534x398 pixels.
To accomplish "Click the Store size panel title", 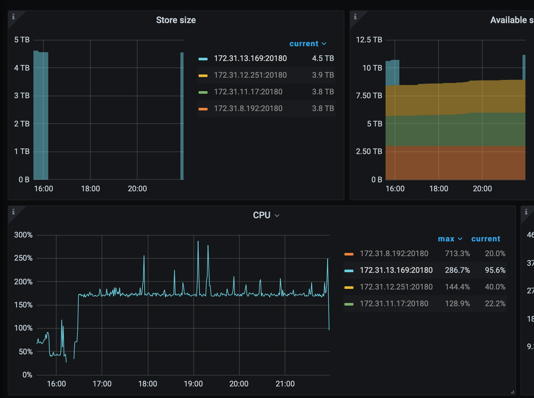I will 176,20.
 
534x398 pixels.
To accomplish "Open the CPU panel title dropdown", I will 277,215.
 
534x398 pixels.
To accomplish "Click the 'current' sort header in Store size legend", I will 307,44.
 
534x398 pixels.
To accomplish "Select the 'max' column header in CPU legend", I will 450,239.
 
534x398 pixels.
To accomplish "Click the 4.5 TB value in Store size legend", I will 323,58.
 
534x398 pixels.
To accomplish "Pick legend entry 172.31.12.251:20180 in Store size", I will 250,75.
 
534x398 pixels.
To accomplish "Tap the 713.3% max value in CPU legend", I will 457,254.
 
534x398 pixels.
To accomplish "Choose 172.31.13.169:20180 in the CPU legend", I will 396,270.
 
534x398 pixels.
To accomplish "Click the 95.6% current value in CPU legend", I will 495,270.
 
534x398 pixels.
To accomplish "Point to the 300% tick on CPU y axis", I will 23,235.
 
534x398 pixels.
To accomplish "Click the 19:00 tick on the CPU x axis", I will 193,384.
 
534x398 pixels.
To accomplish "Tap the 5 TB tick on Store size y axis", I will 22,40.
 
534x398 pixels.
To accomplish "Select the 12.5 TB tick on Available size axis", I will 369,40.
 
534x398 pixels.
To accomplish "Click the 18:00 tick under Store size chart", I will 90,189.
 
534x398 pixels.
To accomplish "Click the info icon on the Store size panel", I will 13,17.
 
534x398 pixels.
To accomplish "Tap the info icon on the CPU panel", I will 13,212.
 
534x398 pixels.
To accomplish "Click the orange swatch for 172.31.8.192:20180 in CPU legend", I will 349,254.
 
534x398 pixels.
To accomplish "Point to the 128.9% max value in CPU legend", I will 457,304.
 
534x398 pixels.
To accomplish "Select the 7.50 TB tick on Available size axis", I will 369,96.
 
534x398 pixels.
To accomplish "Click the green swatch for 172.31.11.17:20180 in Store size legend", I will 203,92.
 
